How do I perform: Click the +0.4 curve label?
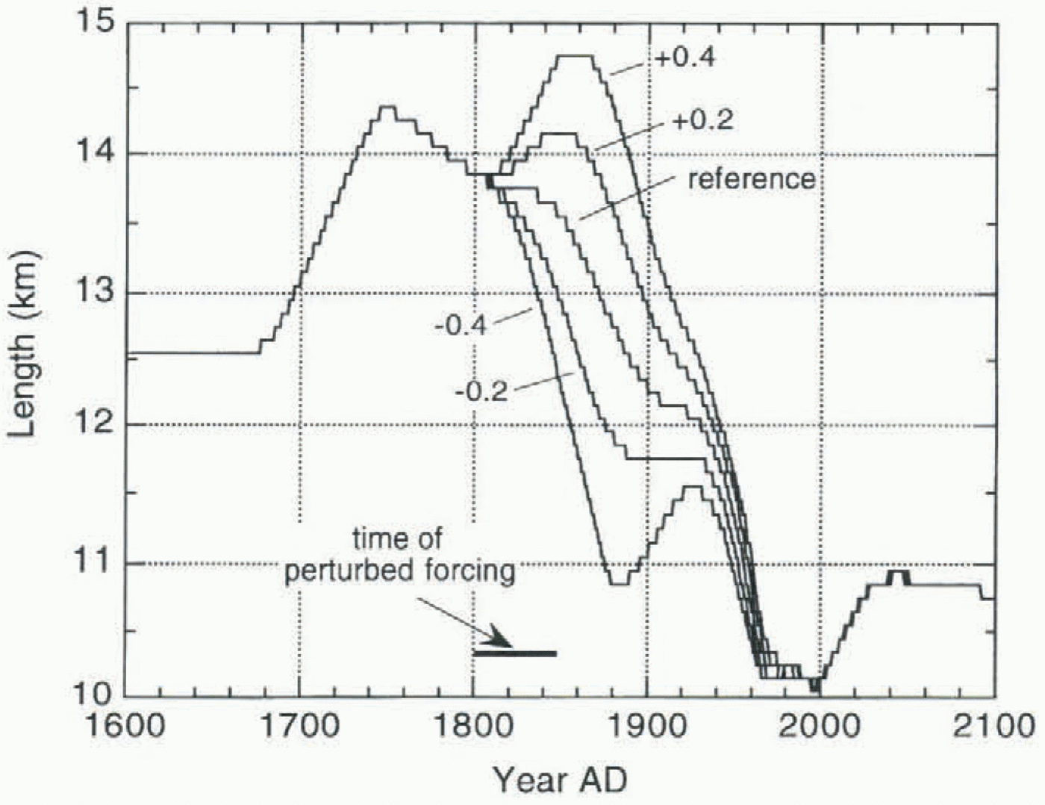(x=685, y=57)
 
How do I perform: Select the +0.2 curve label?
(x=702, y=120)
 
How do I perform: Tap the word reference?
(x=751, y=179)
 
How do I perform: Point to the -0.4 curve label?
(x=461, y=326)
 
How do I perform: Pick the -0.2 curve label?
(x=481, y=391)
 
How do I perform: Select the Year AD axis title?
(x=560, y=780)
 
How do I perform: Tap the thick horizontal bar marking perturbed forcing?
(x=515, y=653)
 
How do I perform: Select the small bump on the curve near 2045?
(x=899, y=572)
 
